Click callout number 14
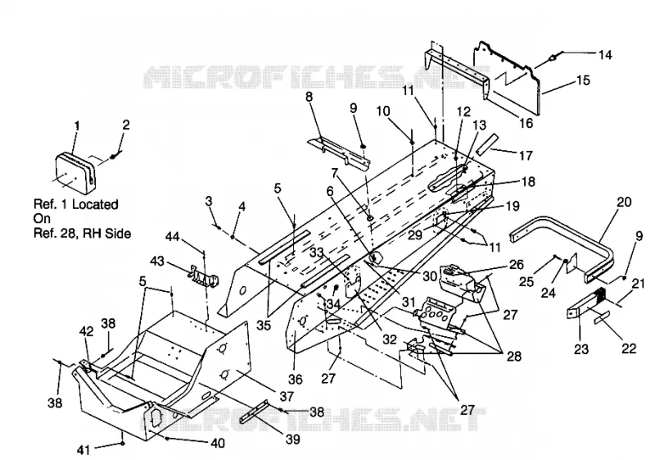click(x=605, y=55)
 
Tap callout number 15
click(x=583, y=80)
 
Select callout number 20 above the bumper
click(x=624, y=202)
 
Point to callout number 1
click(x=77, y=126)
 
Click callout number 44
click(x=172, y=237)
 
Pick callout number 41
click(x=84, y=449)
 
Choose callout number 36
click(x=295, y=379)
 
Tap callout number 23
click(x=581, y=348)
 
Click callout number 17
click(x=526, y=155)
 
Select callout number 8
click(x=309, y=97)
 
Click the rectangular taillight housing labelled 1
click(x=75, y=174)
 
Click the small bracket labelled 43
click(x=204, y=276)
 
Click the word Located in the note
click(x=95, y=204)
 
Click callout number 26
click(x=517, y=264)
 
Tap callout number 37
click(x=287, y=395)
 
